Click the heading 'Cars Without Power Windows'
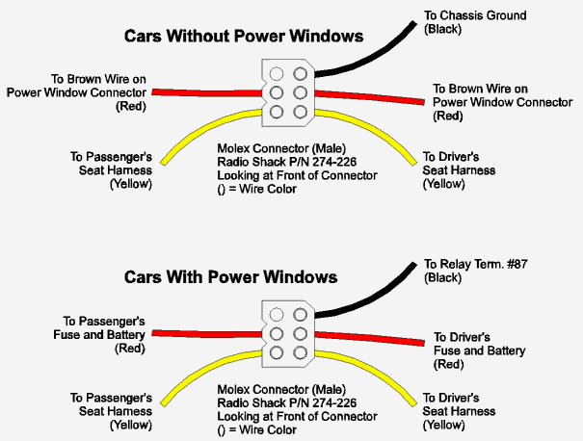click(243, 37)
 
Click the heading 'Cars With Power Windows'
click(230, 277)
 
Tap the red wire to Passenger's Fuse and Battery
click(202, 332)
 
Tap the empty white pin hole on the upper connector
click(277, 73)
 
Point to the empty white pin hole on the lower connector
click(277, 314)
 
